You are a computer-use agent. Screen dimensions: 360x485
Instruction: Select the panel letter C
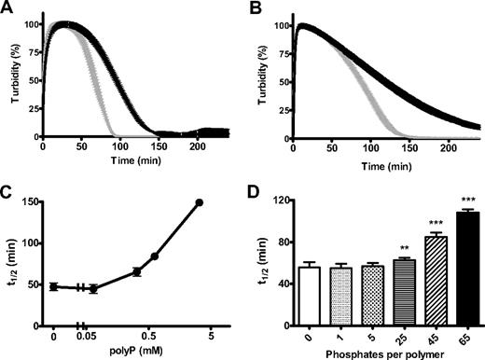pyautogui.click(x=7, y=190)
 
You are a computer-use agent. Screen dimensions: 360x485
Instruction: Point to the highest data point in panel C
pyautogui.click(x=199, y=202)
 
